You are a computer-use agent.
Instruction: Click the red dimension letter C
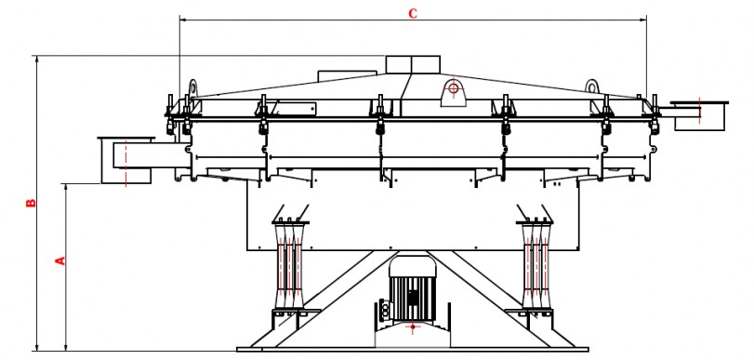[x=413, y=13]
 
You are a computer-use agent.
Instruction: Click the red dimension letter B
[x=31, y=203]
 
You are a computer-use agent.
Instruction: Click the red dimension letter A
[x=60, y=260]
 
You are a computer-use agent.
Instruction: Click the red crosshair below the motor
[x=413, y=327]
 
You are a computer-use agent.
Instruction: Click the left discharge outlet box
[x=126, y=160]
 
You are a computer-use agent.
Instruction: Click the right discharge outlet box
[x=700, y=115]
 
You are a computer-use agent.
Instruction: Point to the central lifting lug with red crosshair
[x=453, y=91]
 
